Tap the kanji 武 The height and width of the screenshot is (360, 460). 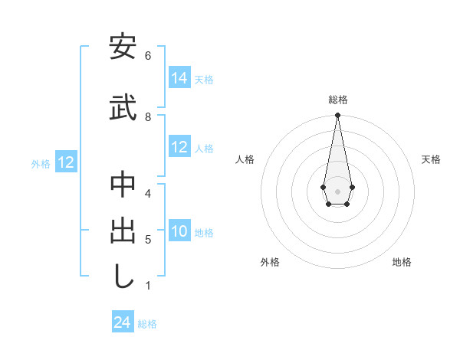point(123,107)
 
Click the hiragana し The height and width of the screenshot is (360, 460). point(123,276)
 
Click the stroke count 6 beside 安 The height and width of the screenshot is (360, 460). point(147,56)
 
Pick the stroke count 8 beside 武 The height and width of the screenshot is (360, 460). point(147,116)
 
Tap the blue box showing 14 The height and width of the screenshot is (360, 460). point(179,78)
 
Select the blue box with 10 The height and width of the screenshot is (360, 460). point(179,231)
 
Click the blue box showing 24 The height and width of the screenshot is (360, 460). point(122,322)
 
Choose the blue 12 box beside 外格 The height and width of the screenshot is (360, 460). point(66,162)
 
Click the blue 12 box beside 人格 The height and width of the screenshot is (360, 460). point(179,148)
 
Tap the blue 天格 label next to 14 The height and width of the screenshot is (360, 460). point(204,80)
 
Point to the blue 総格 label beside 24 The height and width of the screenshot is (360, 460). point(147,324)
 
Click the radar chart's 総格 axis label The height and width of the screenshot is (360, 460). point(337,100)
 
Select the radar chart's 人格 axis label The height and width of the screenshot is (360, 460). point(245,159)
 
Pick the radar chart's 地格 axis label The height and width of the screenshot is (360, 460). point(402,262)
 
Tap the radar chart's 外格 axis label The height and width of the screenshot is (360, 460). point(270,262)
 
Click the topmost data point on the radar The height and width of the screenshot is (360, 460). point(337,116)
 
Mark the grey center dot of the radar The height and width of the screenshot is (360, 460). point(337,190)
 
